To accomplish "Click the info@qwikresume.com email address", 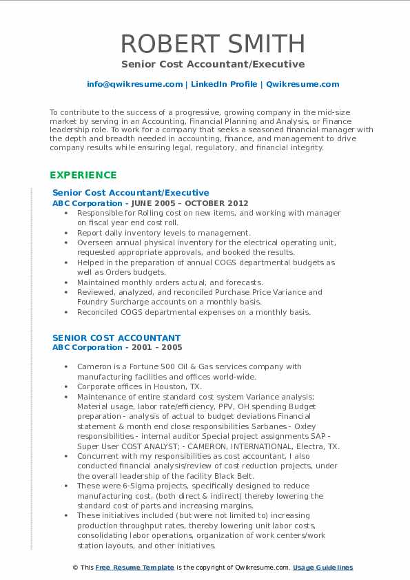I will coord(134,84).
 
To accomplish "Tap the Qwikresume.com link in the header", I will coord(303,84).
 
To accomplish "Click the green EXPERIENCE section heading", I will coord(83,175).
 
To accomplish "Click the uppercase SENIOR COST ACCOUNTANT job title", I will coord(116,338).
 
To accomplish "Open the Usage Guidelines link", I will coord(322,568).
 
